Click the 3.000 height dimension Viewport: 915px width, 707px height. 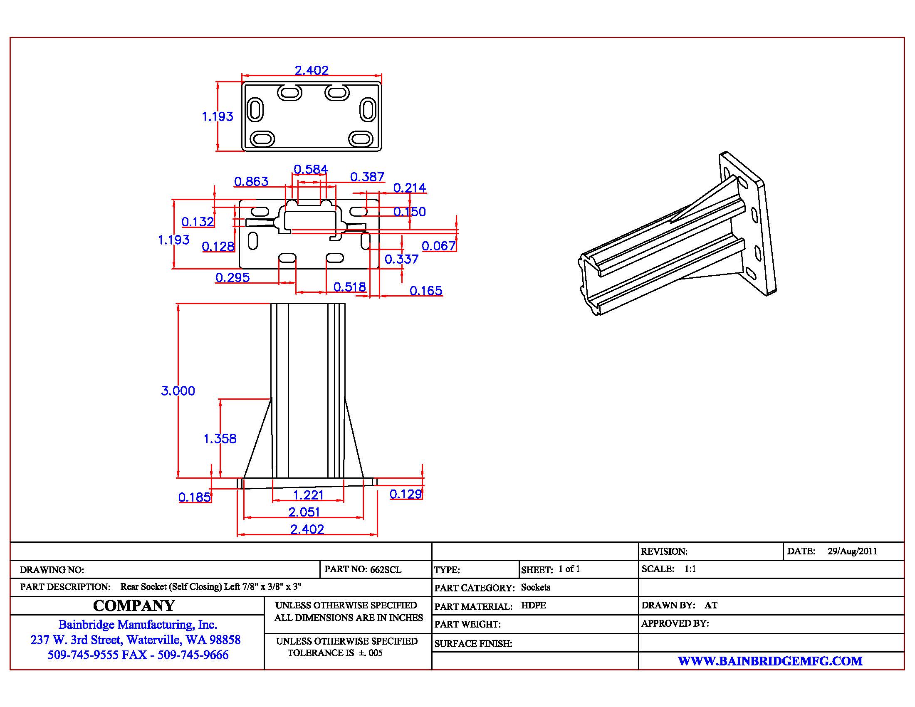(x=178, y=391)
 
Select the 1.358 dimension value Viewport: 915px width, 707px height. (x=220, y=438)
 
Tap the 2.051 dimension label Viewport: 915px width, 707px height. (x=304, y=512)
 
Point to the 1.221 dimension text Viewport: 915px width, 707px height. (x=308, y=495)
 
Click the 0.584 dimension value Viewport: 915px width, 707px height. (x=310, y=169)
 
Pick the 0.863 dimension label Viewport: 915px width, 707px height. (x=251, y=181)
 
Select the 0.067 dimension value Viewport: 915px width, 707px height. (x=439, y=246)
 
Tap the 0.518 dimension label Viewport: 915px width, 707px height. (x=350, y=287)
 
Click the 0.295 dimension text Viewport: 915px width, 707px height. (x=232, y=277)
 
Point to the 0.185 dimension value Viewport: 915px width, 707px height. (x=194, y=497)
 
